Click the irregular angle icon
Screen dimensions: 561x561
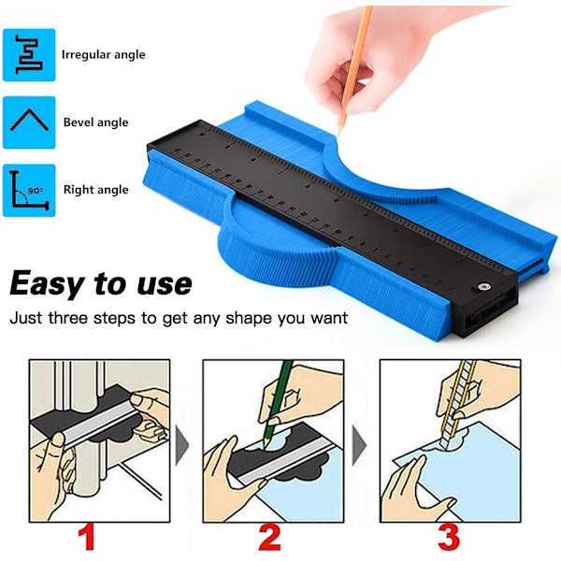click(29, 55)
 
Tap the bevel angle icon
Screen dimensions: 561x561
click(29, 122)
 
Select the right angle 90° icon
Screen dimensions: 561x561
click(29, 191)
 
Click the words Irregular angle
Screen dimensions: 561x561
click(104, 55)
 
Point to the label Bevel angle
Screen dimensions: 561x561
click(96, 122)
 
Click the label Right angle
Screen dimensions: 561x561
click(96, 190)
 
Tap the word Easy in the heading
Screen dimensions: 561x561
click(46, 284)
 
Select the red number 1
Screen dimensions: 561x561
click(87, 538)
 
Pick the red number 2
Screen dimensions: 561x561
click(270, 538)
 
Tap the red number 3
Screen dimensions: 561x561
click(449, 538)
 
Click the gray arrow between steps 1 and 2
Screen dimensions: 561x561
click(182, 446)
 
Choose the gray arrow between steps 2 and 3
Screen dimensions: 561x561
click(359, 446)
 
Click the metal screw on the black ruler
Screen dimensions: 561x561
click(485, 286)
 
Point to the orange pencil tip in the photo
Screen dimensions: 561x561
click(338, 131)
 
